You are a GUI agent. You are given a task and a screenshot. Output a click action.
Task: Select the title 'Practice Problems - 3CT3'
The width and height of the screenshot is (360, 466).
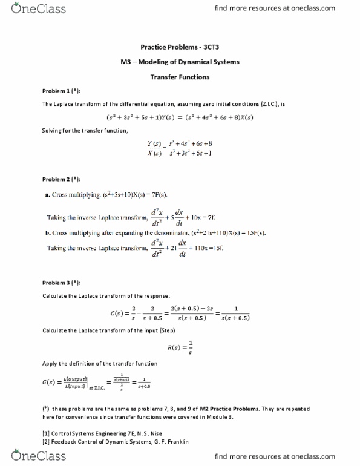180,47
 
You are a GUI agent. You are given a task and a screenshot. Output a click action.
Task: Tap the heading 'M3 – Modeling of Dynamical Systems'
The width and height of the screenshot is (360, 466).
180,62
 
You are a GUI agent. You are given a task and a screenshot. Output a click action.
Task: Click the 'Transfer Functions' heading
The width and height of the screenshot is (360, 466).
180,77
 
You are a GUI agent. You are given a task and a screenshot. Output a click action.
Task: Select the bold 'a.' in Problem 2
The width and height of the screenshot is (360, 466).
48,195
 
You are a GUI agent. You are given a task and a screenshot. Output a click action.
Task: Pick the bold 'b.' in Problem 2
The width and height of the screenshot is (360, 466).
48,233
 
